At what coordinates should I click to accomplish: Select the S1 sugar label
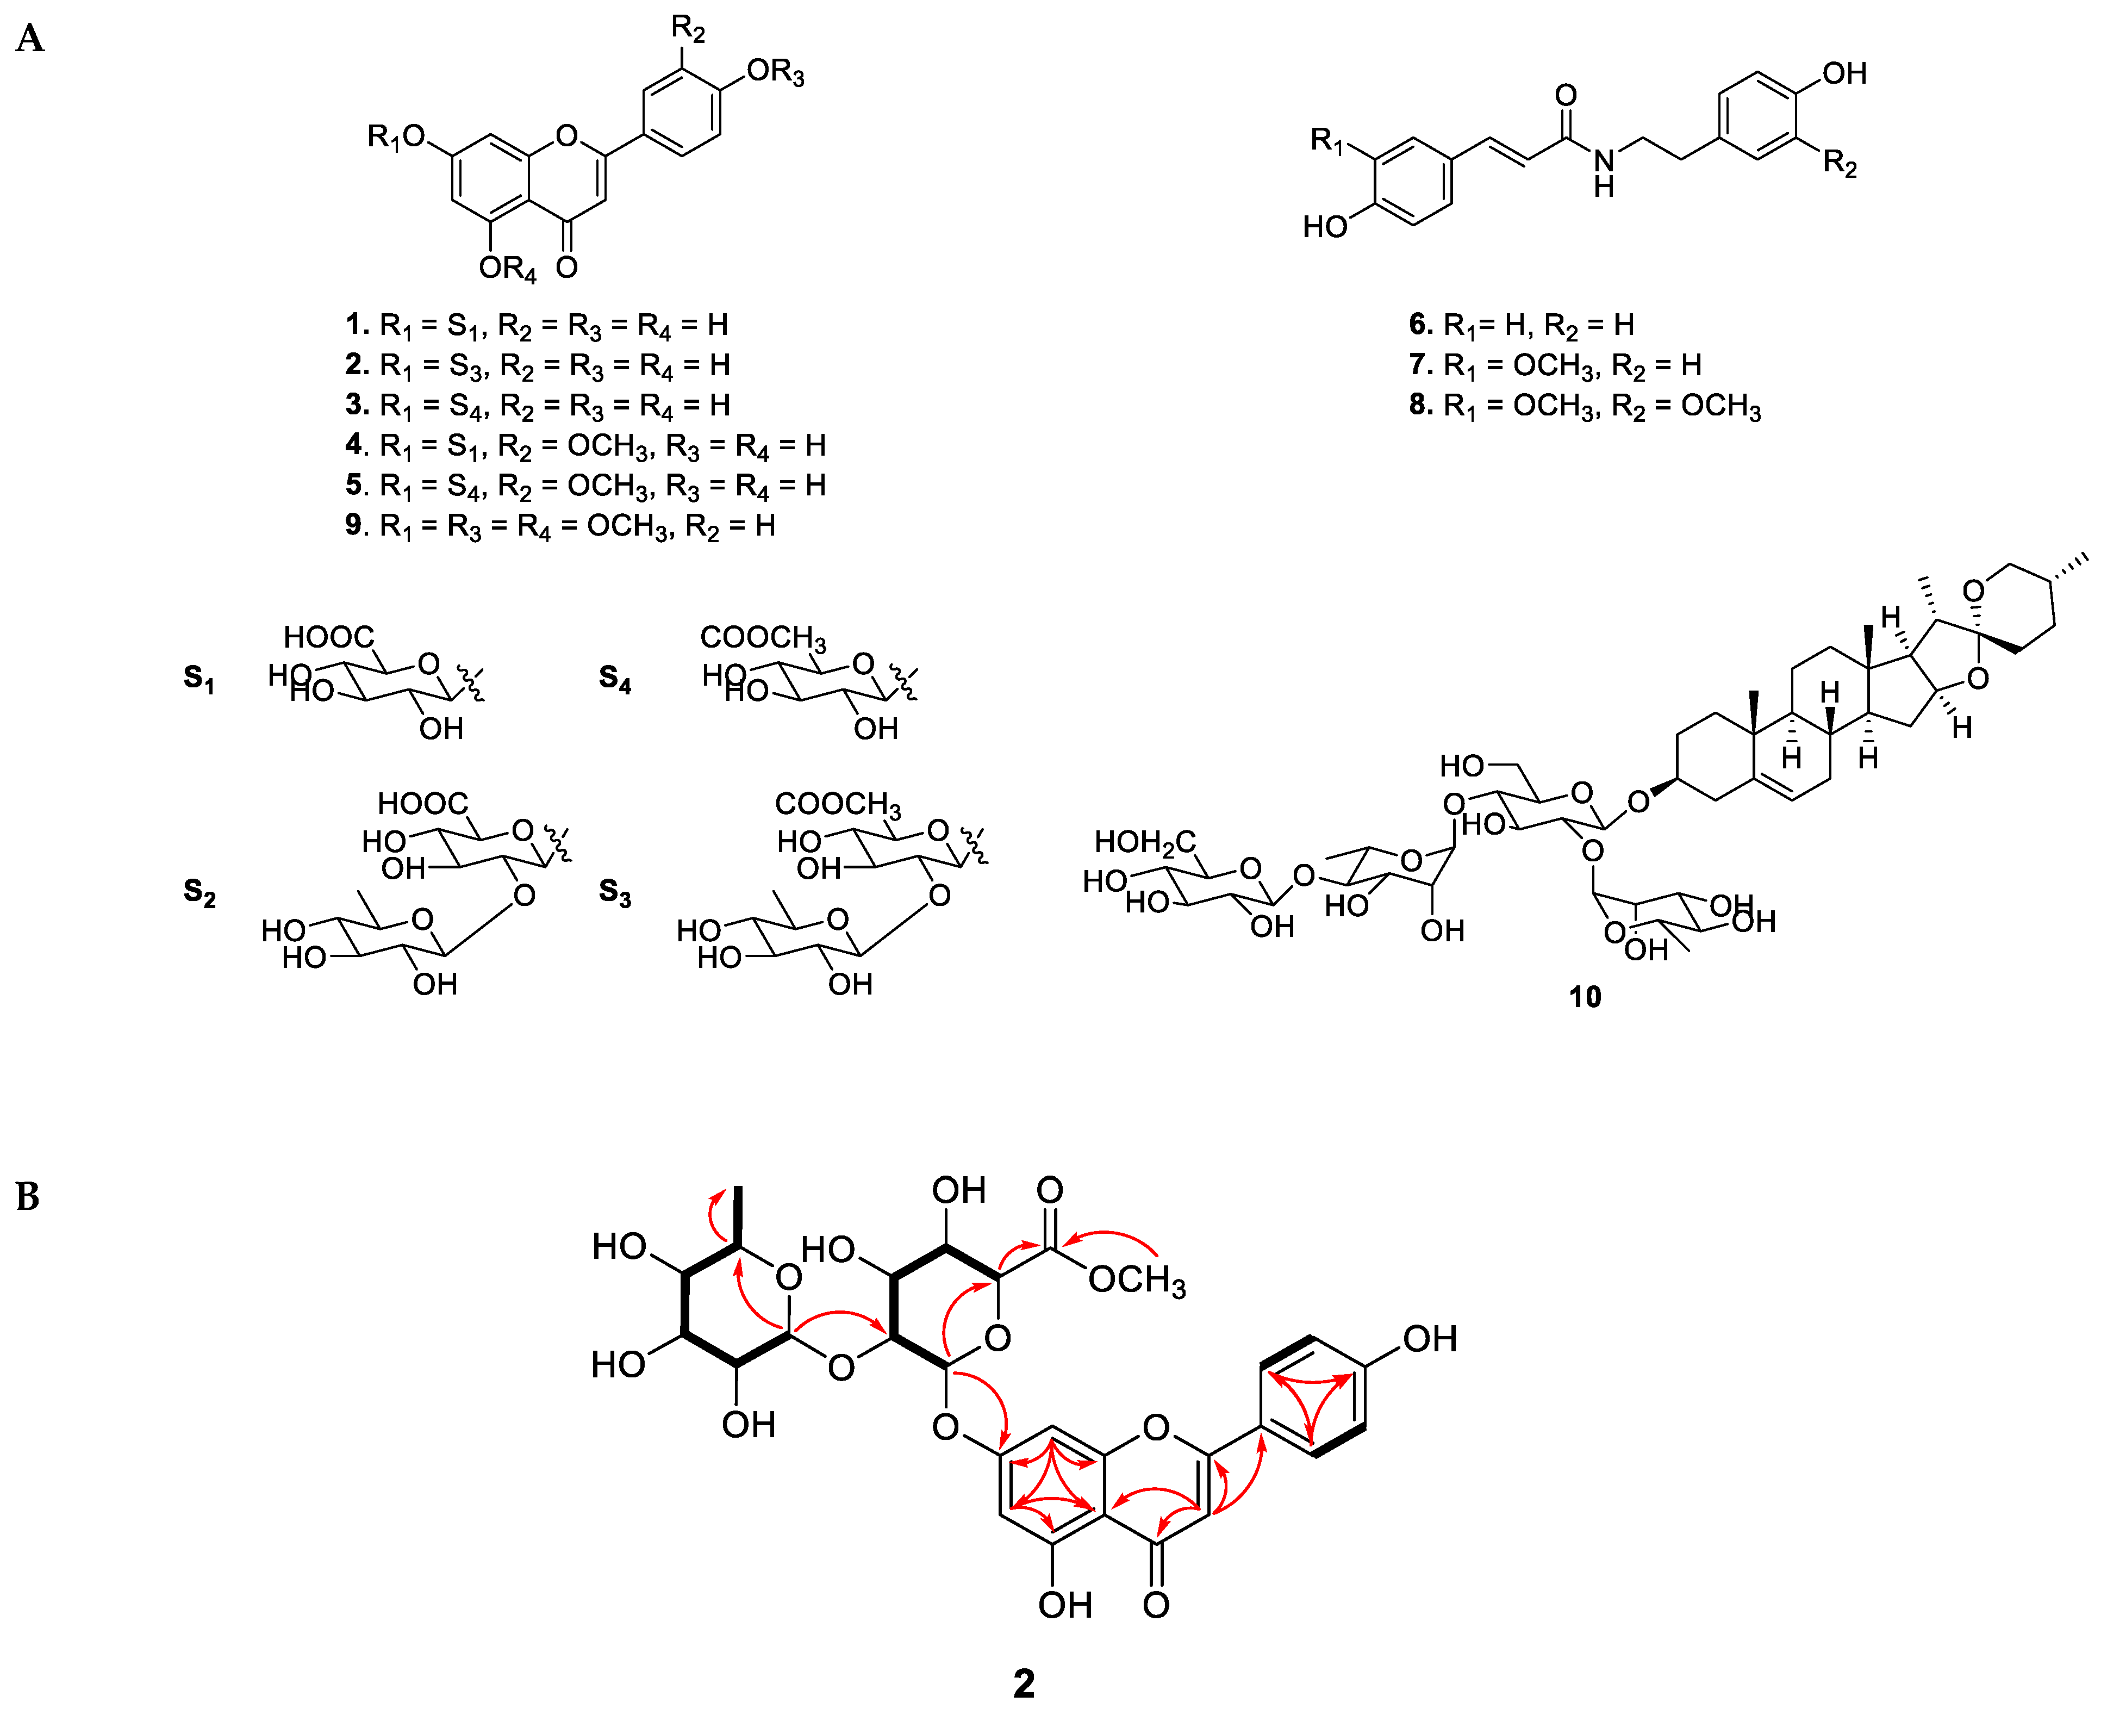[199, 680]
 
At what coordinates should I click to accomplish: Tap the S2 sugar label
[199, 892]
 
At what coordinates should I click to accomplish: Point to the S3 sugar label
[614, 892]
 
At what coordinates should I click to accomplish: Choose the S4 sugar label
[614, 680]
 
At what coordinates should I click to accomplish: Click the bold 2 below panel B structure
[1023, 1683]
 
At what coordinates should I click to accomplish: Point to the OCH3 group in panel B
[1137, 1281]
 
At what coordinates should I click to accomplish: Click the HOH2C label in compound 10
[1144, 843]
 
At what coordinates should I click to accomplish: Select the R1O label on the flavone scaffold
[396, 137]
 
